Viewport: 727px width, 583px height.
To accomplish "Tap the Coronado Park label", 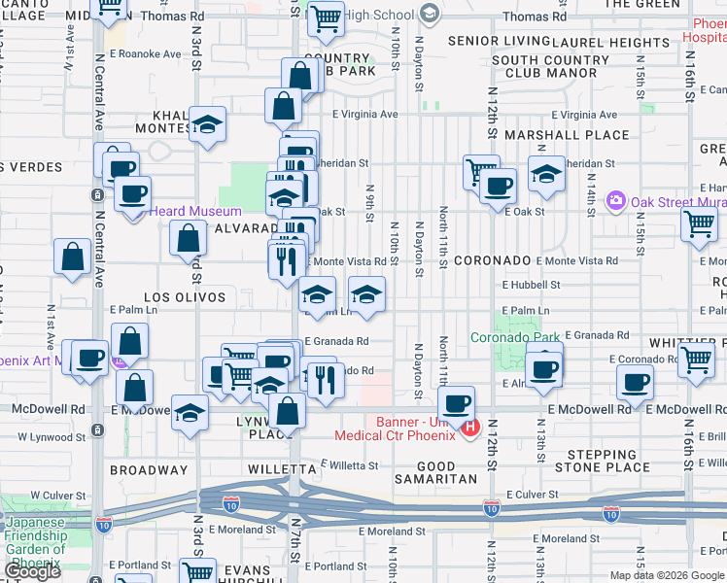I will [515, 338].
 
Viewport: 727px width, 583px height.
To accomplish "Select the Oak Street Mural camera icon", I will [614, 201].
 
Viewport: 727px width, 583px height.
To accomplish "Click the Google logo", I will [32, 571].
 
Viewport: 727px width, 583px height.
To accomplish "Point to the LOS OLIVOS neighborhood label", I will [185, 297].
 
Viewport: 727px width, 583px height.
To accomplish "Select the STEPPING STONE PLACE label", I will [607, 461].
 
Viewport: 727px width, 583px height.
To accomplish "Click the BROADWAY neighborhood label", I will [148, 468].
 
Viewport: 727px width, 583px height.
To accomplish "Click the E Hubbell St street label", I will [531, 285].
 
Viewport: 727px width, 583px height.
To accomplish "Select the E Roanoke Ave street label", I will [146, 54].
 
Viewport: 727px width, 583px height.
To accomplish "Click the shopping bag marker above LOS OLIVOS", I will [189, 237].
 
